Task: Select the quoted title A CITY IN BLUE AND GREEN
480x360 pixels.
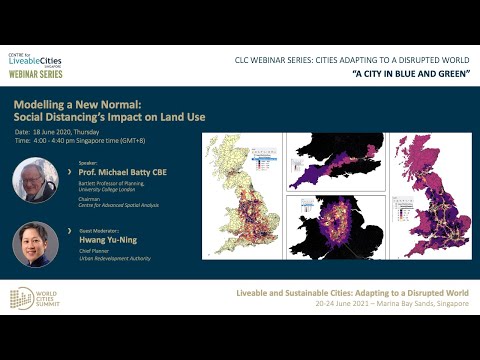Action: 409,76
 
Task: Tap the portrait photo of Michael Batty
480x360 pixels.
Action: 34,180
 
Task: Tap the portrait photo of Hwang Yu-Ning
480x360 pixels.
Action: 34,243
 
